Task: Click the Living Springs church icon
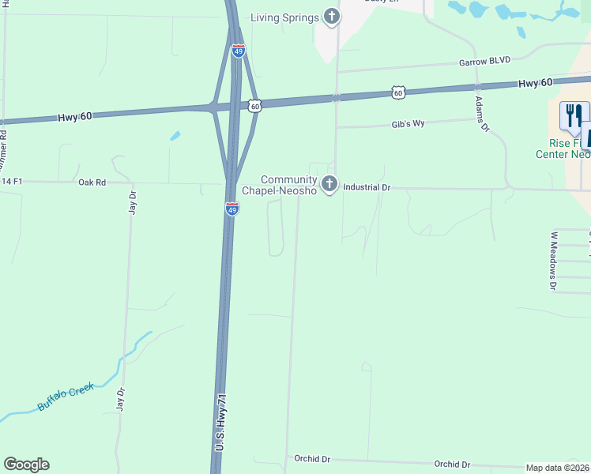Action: pyautogui.click(x=332, y=17)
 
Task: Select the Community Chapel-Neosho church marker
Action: pyautogui.click(x=330, y=185)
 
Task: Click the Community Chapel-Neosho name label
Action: pyautogui.click(x=288, y=185)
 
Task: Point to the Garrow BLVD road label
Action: pyautogui.click(x=485, y=60)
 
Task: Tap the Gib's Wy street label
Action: pyautogui.click(x=408, y=124)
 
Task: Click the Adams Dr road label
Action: pyautogui.click(x=483, y=115)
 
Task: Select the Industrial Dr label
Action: pyautogui.click(x=367, y=188)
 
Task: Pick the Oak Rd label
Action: pyautogui.click(x=92, y=182)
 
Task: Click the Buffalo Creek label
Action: pyautogui.click(x=66, y=397)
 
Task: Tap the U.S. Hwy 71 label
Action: pyautogui.click(x=222, y=423)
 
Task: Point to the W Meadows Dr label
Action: pyautogui.click(x=553, y=261)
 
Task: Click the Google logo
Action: pyautogui.click(x=26, y=465)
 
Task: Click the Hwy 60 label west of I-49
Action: pyautogui.click(x=75, y=117)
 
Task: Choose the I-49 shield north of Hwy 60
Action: pyautogui.click(x=239, y=51)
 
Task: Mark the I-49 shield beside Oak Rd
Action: pyautogui.click(x=232, y=209)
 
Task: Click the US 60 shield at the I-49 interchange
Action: pyautogui.click(x=254, y=105)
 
